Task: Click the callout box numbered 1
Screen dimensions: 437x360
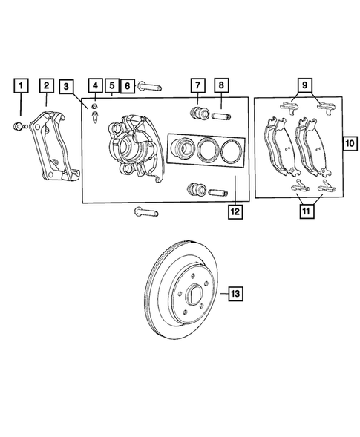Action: tap(22, 87)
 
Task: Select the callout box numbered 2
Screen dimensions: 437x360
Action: tap(46, 87)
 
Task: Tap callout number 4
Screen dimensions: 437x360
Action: tap(96, 87)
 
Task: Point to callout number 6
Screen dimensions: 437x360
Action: tap(127, 87)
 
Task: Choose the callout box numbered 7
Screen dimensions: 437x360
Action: tap(198, 87)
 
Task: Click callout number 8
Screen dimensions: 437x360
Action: tap(222, 87)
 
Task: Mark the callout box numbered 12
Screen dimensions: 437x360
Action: tap(235, 211)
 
